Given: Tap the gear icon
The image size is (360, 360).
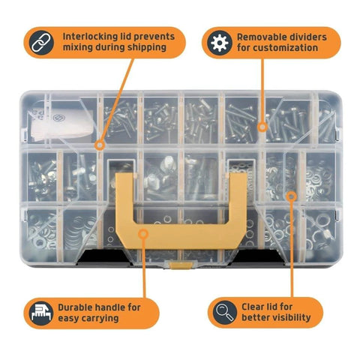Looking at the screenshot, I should click(220, 42).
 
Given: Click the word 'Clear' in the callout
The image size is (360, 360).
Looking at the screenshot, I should click(252, 305).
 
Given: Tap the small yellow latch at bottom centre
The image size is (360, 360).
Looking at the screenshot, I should click(180, 264).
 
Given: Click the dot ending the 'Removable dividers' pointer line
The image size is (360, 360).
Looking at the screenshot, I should click(262, 127).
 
